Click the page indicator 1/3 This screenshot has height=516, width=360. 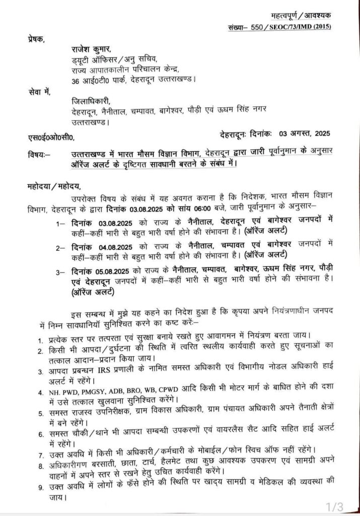click(335, 505)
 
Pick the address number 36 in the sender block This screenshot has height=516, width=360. click(76, 80)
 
